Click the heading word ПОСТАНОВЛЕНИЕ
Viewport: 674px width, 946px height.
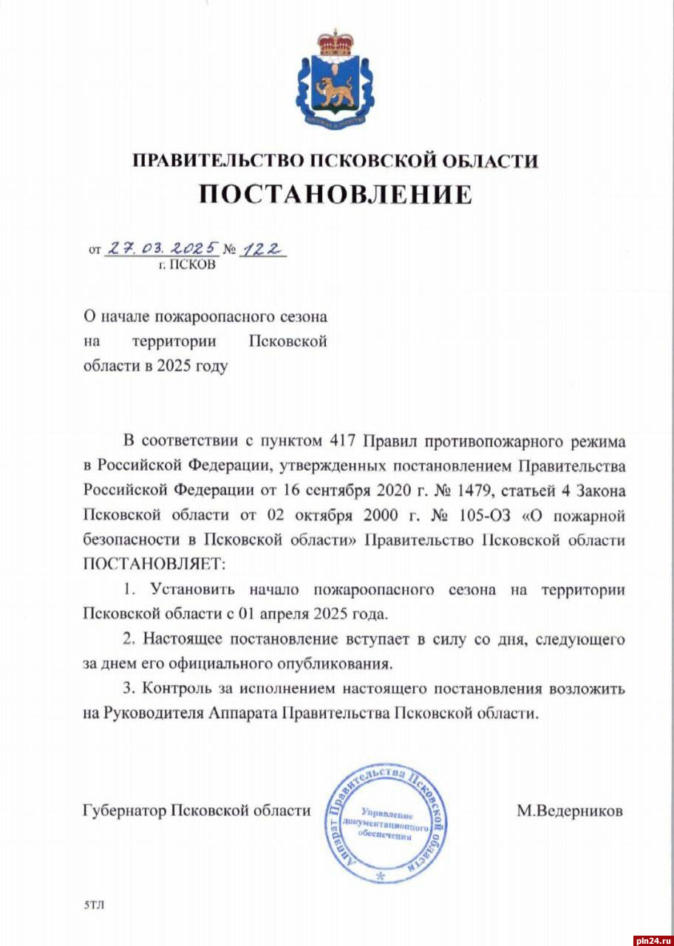click(336, 194)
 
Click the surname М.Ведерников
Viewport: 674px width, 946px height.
click(570, 811)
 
